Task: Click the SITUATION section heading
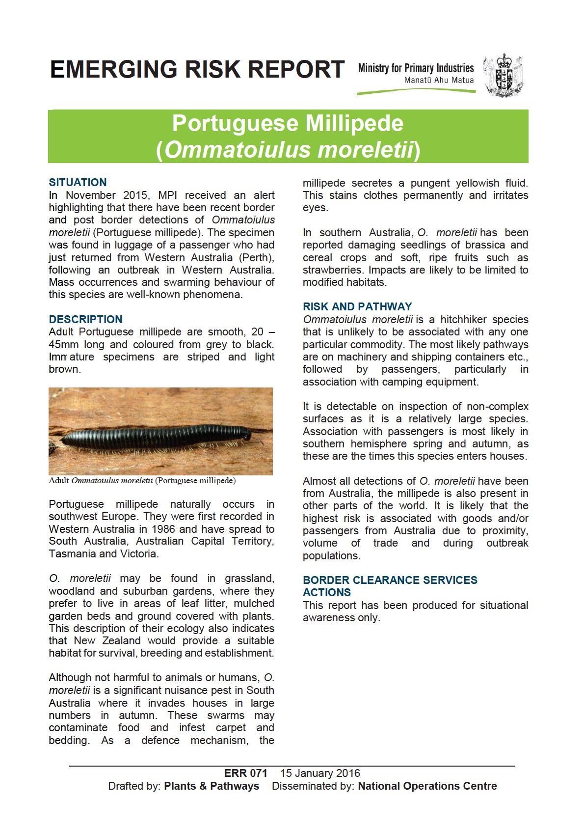coord(78,183)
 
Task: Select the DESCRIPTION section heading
coord(85,319)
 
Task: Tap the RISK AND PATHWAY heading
coord(357,306)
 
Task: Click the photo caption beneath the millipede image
coord(142,481)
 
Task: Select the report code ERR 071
coord(245,773)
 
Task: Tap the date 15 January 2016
coord(320,773)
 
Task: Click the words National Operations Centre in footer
coord(427,786)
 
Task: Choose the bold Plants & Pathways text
coord(212,786)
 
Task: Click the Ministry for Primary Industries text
coord(416,68)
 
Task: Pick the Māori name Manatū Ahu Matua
coord(439,80)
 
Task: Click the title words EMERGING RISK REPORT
coord(197,70)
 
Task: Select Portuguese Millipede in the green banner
coord(288,123)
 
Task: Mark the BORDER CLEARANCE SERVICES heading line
coord(390,580)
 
